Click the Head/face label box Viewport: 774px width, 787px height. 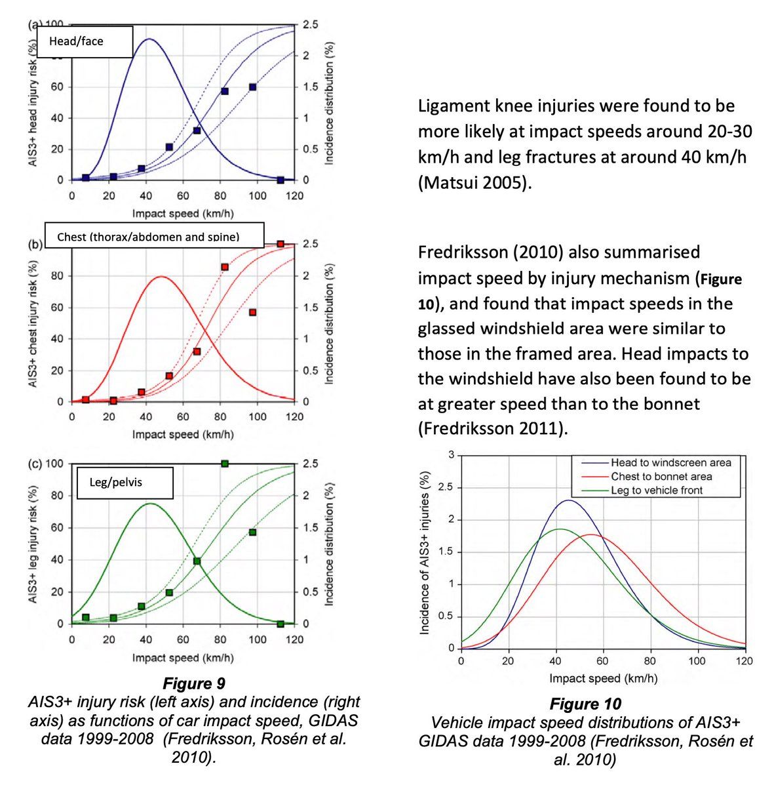[x=85, y=42]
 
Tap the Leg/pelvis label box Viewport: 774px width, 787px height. [x=125, y=483]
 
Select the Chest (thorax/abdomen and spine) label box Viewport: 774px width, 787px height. [x=154, y=235]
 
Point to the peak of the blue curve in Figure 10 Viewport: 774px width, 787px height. [x=568, y=500]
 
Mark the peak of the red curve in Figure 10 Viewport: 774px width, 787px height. [x=590, y=535]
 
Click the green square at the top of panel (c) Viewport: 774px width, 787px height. [x=225, y=464]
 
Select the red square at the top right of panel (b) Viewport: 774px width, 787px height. [x=281, y=244]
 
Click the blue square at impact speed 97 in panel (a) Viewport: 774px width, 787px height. [x=253, y=87]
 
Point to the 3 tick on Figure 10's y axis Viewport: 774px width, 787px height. [x=451, y=454]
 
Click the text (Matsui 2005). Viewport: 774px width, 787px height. [x=475, y=182]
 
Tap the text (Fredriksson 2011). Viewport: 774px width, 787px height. [x=493, y=428]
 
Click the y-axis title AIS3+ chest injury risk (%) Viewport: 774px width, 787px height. [x=33, y=323]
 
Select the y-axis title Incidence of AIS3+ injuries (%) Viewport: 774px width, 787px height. [x=425, y=553]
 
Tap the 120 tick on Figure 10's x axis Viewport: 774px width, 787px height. [x=745, y=661]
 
